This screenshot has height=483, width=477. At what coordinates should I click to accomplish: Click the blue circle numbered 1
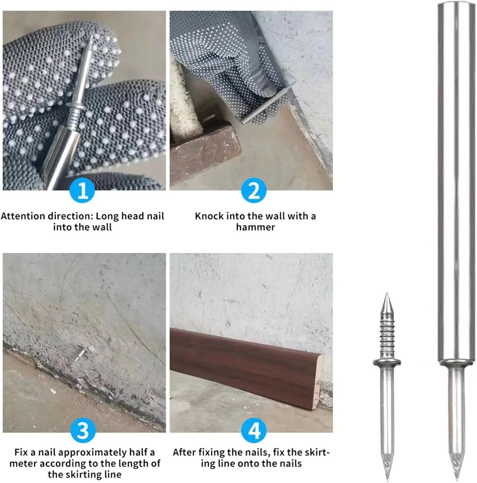[83, 191]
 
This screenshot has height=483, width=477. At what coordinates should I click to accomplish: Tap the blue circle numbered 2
[254, 191]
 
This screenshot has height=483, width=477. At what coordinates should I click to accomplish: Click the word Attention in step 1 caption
[23, 216]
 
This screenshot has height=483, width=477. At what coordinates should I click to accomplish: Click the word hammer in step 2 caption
[255, 227]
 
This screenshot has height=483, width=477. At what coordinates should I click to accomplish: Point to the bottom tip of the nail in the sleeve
[457, 478]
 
